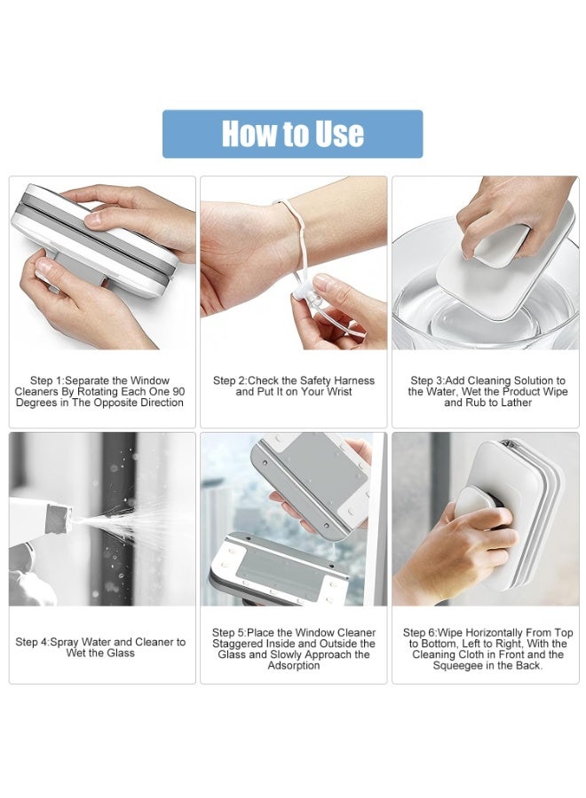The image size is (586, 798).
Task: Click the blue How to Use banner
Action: coord(292,134)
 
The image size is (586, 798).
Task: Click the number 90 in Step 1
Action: coord(178,391)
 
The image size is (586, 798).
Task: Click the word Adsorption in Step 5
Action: coord(294,666)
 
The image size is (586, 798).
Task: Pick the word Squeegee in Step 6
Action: coord(457,666)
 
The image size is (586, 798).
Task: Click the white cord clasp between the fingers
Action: coord(305,295)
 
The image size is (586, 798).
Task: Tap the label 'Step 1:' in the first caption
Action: coord(47,380)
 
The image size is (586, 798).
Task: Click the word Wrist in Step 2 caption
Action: coord(338,392)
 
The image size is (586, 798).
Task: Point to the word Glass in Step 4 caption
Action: coord(120,653)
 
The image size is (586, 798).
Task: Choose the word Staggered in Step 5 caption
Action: coord(237,644)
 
